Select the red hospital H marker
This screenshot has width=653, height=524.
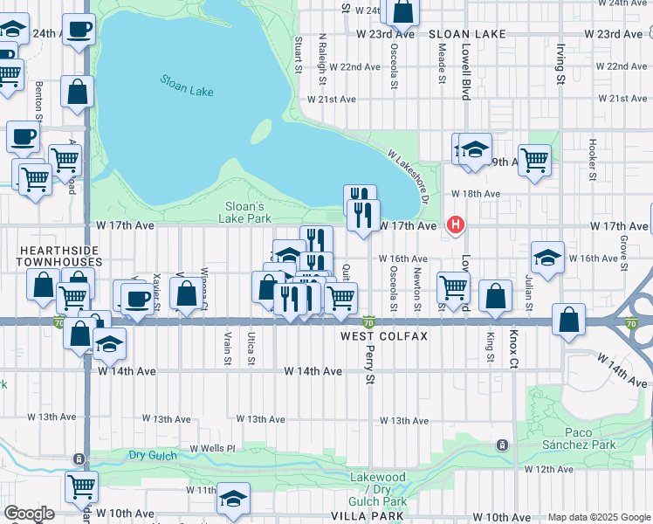pyautogui.click(x=455, y=226)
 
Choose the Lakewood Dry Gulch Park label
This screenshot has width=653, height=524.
pyautogui.click(x=378, y=490)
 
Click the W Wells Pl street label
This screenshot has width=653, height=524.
pyautogui.click(x=214, y=448)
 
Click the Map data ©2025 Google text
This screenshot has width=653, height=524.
pyautogui.click(x=599, y=517)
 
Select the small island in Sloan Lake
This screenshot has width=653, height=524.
pyautogui.click(x=260, y=131)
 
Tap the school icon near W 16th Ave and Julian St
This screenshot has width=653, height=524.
pyautogui.click(x=547, y=258)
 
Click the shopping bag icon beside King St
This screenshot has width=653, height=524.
pyautogui.click(x=496, y=297)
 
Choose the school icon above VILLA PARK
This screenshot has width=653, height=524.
pyautogui.click(x=233, y=499)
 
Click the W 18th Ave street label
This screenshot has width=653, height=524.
pyautogui.click(x=472, y=194)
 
